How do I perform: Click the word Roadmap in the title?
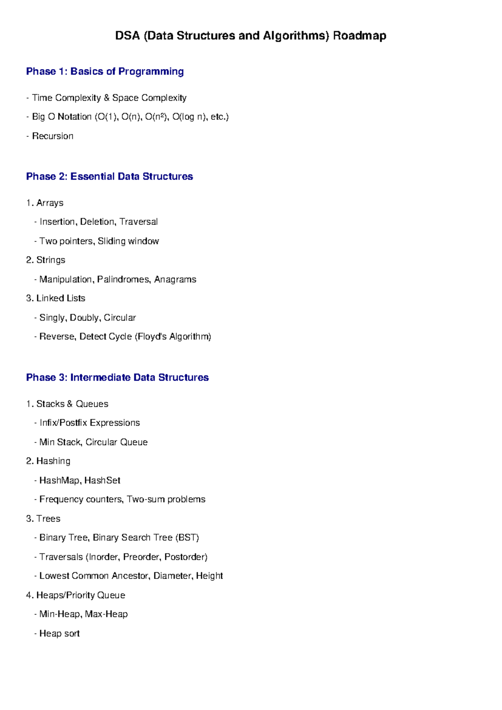point(359,36)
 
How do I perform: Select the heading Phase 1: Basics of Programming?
point(105,72)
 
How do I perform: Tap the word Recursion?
point(53,136)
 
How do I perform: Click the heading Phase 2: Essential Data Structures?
point(109,177)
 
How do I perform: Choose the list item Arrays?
point(50,203)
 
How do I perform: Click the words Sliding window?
point(128,241)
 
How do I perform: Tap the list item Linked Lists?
point(61,298)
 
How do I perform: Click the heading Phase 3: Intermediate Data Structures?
point(117,378)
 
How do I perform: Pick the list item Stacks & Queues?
point(72,404)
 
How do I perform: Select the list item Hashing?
point(53,461)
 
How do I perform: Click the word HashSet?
point(102,480)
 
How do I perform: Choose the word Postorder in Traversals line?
point(185,557)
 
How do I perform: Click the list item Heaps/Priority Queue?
point(80,595)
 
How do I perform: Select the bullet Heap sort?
point(59,633)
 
